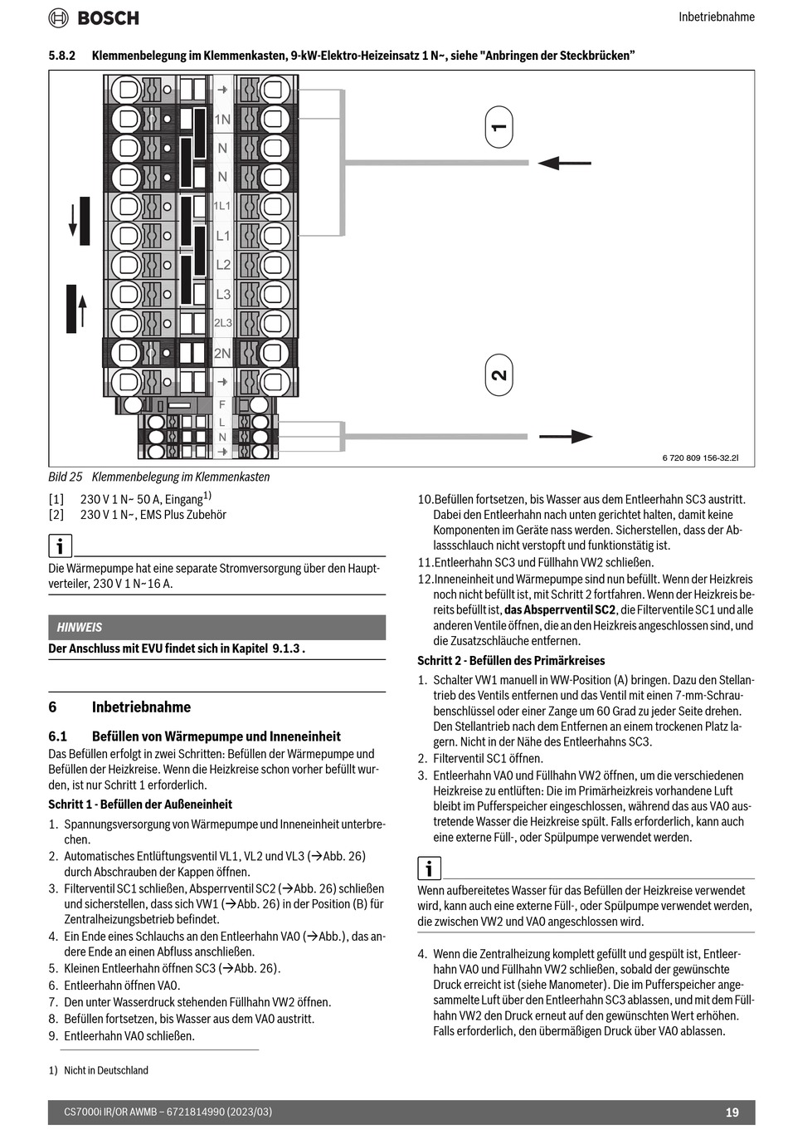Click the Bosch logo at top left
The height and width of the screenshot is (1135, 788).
pos(93,17)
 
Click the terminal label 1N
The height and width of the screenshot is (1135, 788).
pos(222,120)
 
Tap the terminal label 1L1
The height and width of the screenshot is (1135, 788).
pos(222,205)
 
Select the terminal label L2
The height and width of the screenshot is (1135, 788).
pos(223,265)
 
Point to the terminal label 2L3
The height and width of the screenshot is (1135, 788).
pos(223,323)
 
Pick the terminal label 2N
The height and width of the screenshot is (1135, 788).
pos(222,353)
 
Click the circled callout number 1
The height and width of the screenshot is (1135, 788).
pos(499,127)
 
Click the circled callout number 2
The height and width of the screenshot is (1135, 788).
pos(499,374)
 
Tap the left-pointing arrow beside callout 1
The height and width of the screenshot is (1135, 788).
pos(564,163)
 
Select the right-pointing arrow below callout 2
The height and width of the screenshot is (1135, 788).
pos(566,436)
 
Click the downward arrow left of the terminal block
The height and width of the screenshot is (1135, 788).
pos(74,221)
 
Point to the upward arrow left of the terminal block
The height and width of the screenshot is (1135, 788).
pos(81,309)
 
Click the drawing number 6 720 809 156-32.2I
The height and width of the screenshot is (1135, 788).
pos(700,457)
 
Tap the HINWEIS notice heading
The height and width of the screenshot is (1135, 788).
pos(80,627)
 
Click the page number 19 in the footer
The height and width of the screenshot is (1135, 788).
pos(732,1113)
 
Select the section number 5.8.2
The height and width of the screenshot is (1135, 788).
pos(62,56)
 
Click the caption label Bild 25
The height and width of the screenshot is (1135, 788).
pos(66,477)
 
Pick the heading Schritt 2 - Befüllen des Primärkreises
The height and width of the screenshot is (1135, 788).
pos(511,661)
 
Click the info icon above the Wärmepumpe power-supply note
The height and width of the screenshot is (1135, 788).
pos(60,545)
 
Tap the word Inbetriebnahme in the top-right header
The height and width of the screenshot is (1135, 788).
pos(717,17)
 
